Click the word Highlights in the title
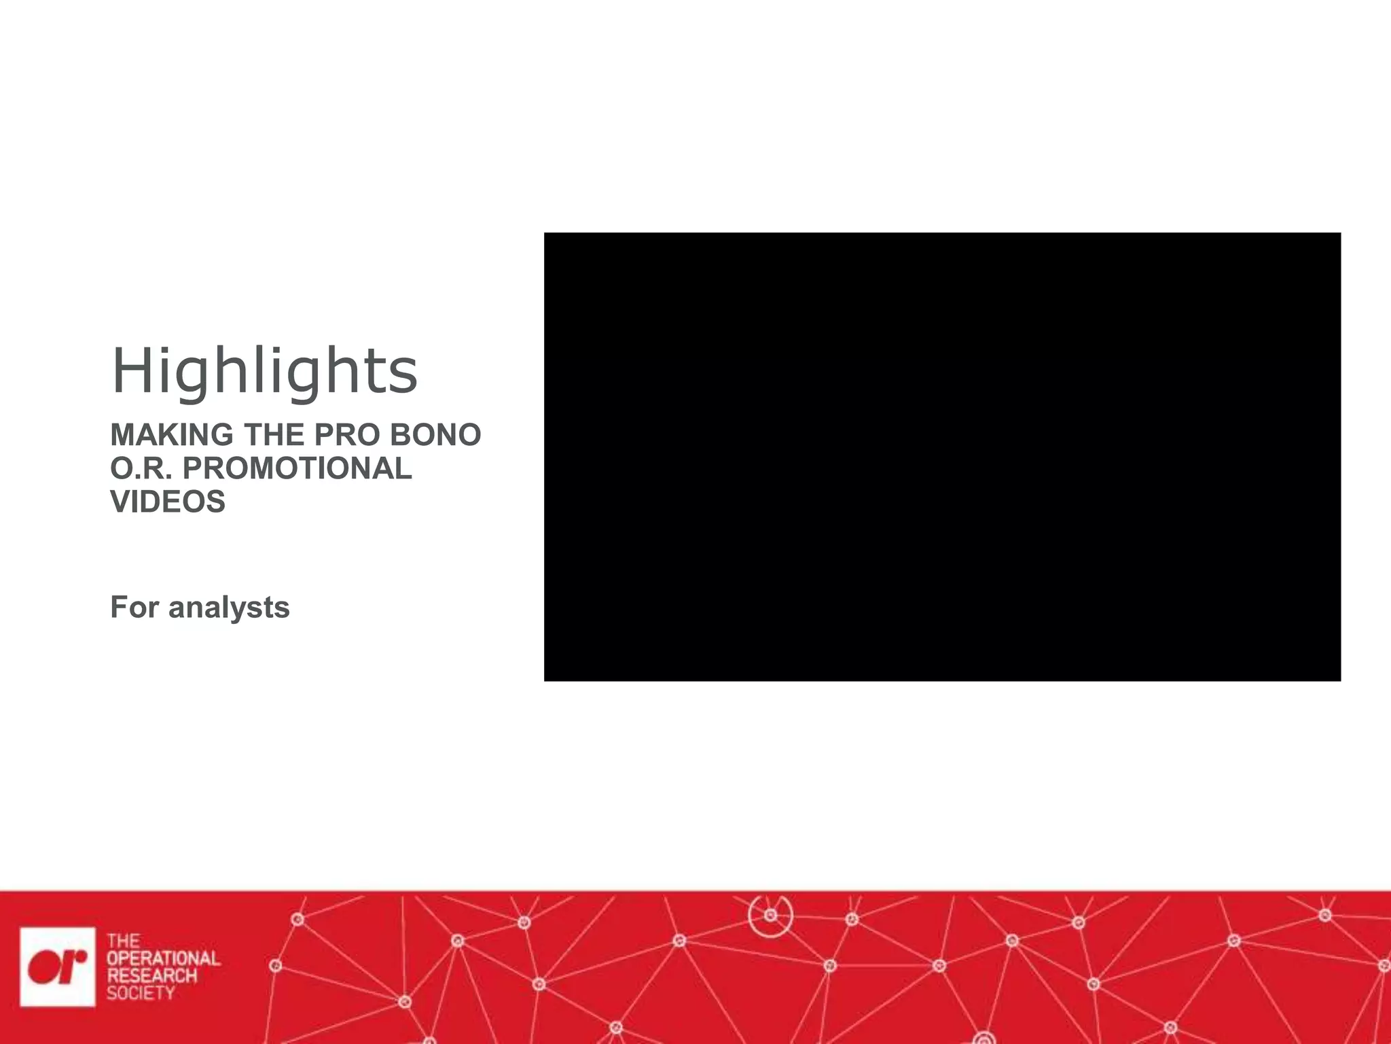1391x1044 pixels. [264, 371]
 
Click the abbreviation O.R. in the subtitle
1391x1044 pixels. [141, 468]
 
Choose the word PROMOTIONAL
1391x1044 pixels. [297, 468]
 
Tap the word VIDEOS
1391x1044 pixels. [168, 502]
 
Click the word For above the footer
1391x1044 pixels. [134, 607]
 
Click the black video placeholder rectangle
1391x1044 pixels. [942, 457]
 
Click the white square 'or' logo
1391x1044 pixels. [58, 967]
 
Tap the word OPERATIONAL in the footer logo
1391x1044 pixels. [163, 958]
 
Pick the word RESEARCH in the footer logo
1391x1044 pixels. [151, 976]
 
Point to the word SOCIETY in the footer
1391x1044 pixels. [141, 993]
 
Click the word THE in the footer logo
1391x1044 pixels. [123, 941]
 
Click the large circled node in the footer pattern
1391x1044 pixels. [770, 916]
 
